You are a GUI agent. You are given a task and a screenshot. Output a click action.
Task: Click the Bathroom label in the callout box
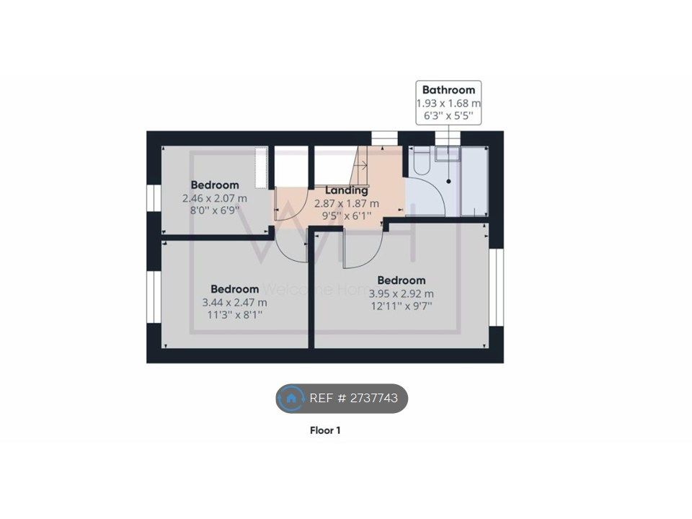click(x=448, y=90)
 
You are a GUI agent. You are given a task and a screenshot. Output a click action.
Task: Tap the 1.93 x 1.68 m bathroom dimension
click(x=448, y=103)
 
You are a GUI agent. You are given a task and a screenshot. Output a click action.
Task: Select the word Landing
click(x=347, y=190)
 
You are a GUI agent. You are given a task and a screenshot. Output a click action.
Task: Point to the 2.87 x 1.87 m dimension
click(x=347, y=203)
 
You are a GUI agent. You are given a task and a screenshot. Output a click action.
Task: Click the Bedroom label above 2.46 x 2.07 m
click(x=215, y=185)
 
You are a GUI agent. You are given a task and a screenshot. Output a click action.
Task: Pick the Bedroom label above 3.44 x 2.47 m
click(x=235, y=289)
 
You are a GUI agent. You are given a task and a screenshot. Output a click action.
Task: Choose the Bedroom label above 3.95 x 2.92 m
click(x=402, y=280)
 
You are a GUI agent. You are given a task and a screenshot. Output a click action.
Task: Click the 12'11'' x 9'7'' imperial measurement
click(x=402, y=306)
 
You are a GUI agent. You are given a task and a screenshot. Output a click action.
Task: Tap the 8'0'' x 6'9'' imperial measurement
click(x=215, y=210)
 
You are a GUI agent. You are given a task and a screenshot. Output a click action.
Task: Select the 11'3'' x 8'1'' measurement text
click(x=235, y=315)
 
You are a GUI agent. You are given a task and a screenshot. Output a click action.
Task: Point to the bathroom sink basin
click(x=447, y=153)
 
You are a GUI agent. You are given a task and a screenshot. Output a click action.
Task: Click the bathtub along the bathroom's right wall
click(x=474, y=182)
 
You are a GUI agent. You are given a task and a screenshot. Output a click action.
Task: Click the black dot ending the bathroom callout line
click(x=449, y=182)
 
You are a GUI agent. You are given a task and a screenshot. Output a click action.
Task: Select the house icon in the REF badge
click(x=290, y=399)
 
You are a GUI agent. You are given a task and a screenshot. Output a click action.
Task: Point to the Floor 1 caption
click(x=325, y=430)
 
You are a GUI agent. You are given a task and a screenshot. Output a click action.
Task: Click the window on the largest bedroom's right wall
click(x=497, y=288)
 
